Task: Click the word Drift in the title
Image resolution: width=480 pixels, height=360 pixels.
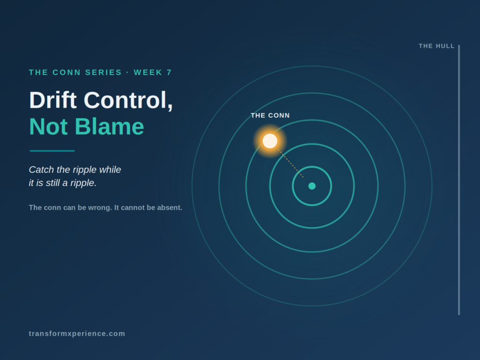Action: [52, 100]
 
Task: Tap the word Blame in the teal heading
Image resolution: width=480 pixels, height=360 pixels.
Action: [109, 127]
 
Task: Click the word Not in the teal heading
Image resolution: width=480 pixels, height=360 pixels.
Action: [48, 127]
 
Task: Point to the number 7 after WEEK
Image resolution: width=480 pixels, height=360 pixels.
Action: [169, 72]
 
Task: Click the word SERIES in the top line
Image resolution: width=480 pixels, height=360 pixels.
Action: [104, 72]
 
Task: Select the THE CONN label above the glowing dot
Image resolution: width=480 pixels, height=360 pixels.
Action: [270, 115]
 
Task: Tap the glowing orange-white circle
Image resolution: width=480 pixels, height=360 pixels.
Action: [270, 141]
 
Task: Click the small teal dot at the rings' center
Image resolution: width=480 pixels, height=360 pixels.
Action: [312, 186]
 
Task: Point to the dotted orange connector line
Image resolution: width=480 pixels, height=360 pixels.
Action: [291, 163]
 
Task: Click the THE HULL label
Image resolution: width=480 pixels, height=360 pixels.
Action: [436, 46]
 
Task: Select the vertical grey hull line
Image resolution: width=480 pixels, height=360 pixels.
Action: [459, 180]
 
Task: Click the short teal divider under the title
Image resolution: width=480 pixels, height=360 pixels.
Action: [52, 150]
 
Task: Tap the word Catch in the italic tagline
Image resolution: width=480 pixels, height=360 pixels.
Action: [41, 169]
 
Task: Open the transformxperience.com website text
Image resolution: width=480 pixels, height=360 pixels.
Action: [77, 333]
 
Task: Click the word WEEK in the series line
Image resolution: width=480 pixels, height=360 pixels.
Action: [148, 72]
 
